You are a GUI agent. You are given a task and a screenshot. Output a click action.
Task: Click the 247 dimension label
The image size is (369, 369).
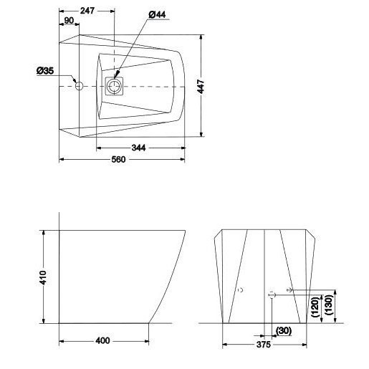88,11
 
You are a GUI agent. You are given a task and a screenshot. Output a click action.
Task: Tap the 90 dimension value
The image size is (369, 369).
70,21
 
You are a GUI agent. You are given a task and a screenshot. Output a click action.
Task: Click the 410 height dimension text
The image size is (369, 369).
42,277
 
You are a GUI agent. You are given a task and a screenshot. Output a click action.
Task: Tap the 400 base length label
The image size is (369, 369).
102,340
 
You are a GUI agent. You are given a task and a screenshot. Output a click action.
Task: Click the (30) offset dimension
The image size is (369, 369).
283,330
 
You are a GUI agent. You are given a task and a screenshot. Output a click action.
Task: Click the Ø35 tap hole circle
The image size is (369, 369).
80,86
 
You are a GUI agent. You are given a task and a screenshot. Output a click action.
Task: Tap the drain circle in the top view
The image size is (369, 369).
114,87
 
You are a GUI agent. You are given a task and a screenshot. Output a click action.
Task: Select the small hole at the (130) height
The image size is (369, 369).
289,289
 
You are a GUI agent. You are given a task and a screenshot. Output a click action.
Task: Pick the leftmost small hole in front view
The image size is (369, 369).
241,289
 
